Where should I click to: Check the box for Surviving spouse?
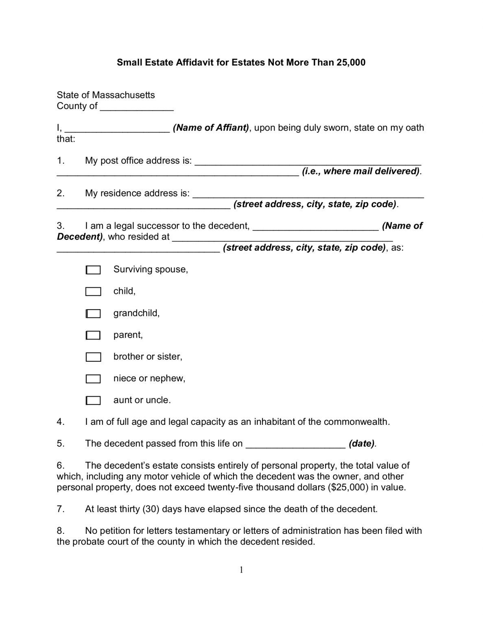(x=93, y=270)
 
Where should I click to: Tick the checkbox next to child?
(x=93, y=292)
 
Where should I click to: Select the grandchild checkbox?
(x=93, y=314)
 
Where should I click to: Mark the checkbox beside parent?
(x=93, y=335)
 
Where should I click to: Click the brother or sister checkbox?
(x=93, y=357)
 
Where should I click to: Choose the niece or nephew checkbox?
(x=93, y=379)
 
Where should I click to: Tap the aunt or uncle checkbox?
(x=93, y=401)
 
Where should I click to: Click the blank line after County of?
(x=137, y=107)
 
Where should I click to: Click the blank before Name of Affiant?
(x=117, y=129)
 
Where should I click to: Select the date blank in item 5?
(x=296, y=445)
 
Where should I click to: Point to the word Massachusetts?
(x=123, y=95)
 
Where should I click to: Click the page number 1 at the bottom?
(x=241, y=570)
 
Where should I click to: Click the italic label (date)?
(x=362, y=444)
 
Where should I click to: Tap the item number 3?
(x=61, y=226)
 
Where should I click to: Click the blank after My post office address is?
(x=308, y=162)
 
